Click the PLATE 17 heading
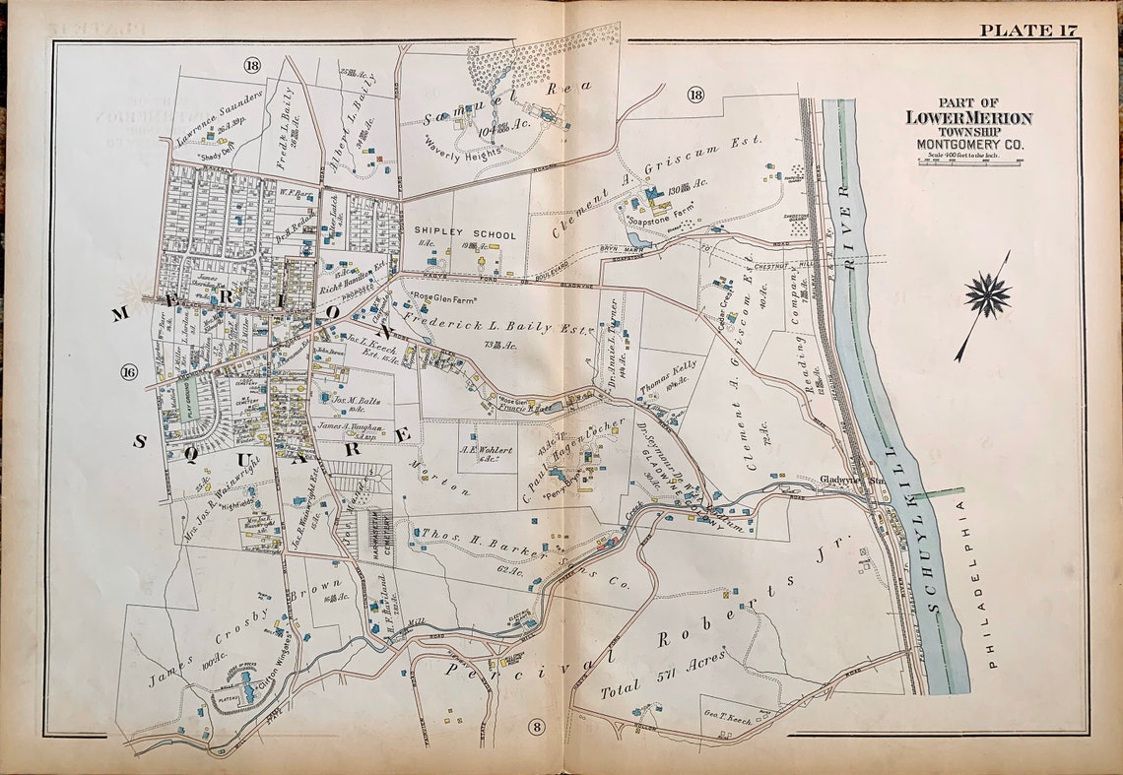click(1026, 29)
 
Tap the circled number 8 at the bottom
click(536, 727)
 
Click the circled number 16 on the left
click(129, 371)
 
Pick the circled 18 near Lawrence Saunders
click(252, 65)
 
